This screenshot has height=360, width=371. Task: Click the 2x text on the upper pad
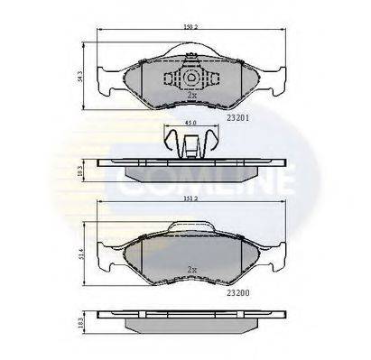pos(190,95)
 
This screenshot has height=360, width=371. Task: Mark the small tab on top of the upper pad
pos(190,58)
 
